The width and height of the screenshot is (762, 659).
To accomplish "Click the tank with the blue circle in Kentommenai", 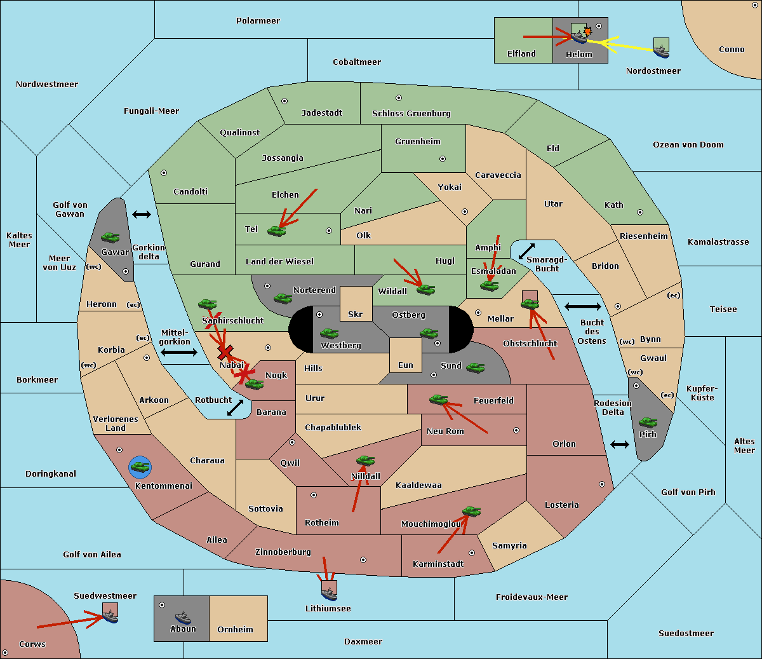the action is click(140, 467).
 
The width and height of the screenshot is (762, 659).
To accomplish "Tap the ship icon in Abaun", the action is click(184, 617).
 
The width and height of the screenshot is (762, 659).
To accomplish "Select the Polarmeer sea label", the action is click(258, 21).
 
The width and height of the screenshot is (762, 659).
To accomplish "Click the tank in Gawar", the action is click(110, 237).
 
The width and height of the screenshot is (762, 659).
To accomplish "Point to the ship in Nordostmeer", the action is click(662, 51).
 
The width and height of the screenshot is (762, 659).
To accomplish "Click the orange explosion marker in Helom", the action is click(587, 31).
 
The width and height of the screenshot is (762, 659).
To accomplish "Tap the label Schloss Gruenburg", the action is click(411, 113).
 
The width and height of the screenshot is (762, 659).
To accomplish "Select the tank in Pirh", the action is click(648, 422).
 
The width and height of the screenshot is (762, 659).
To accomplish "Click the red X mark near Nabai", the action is click(225, 352).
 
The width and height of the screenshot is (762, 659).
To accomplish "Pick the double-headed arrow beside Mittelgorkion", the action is click(179, 352).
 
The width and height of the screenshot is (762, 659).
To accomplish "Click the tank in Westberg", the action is click(329, 333).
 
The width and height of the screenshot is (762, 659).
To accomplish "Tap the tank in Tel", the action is click(276, 231).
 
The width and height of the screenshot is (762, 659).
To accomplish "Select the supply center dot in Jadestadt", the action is click(284, 101).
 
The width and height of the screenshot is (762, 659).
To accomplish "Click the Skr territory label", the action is click(356, 314).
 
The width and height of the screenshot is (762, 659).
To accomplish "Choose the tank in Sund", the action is click(475, 368).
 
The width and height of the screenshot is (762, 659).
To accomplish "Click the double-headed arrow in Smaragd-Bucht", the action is click(526, 251).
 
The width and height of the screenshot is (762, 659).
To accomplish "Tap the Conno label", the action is click(732, 50).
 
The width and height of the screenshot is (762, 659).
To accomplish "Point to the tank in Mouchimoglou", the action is click(472, 512).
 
